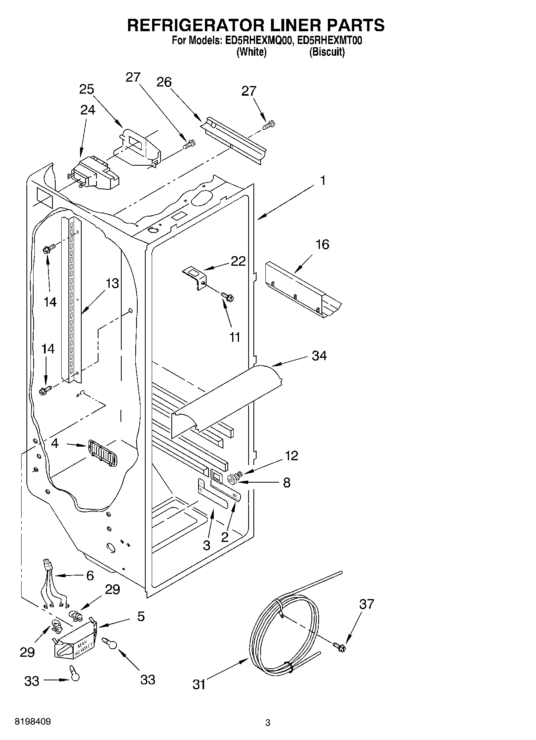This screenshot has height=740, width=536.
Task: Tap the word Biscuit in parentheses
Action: click(327, 52)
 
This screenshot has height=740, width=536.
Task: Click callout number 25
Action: click(86, 89)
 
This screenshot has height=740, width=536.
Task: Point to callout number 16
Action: click(322, 244)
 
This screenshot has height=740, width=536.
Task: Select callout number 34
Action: click(319, 355)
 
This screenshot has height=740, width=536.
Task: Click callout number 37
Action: click(366, 604)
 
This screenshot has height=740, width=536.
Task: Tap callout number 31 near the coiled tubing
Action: click(199, 684)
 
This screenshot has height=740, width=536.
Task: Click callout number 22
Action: click(238, 261)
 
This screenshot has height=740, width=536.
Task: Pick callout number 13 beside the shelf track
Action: click(112, 283)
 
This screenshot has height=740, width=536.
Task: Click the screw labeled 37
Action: click(340, 645)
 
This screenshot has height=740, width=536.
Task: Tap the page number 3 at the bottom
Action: click(268, 723)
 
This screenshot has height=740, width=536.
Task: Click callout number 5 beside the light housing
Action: click(141, 616)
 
